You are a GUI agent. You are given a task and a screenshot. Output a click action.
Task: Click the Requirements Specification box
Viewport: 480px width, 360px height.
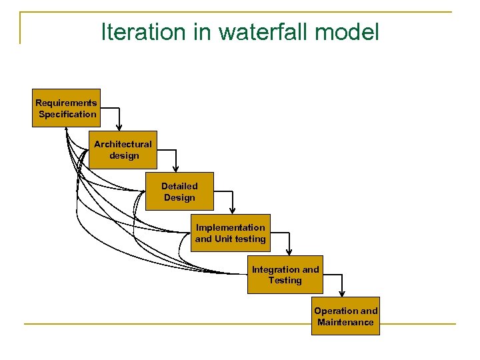click(x=66, y=108)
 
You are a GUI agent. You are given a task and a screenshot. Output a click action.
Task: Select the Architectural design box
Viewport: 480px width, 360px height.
click(x=123, y=149)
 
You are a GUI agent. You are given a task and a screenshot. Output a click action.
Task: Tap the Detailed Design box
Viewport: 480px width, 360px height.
click(x=179, y=191)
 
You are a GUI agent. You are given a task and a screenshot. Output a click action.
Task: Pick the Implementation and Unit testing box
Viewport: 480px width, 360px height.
click(x=230, y=233)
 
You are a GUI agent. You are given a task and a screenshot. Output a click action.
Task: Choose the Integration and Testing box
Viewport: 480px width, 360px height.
click(x=285, y=275)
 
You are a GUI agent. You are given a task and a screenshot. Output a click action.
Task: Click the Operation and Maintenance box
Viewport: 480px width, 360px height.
click(x=345, y=316)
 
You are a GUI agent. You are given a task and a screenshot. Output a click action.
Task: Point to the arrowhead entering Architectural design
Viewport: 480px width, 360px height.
click(x=120, y=127)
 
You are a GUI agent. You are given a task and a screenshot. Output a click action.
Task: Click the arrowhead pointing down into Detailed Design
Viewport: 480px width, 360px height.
click(x=177, y=169)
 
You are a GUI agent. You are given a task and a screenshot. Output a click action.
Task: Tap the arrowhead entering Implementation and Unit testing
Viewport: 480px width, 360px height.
click(x=233, y=211)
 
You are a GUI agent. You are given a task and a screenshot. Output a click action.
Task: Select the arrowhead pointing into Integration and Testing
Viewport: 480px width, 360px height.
click(x=289, y=252)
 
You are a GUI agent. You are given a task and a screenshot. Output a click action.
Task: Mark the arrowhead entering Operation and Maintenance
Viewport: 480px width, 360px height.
click(x=342, y=293)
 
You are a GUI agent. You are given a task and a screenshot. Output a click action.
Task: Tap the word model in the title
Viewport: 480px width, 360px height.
click(x=348, y=31)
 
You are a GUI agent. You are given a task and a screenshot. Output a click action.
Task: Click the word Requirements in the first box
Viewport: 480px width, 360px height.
click(x=66, y=103)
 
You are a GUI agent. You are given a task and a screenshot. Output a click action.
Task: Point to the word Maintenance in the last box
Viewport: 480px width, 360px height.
click(x=345, y=322)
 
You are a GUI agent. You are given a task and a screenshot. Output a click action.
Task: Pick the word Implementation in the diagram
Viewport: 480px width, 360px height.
click(x=230, y=227)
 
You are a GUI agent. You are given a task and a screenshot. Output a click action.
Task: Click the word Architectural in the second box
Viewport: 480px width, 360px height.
click(x=123, y=144)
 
